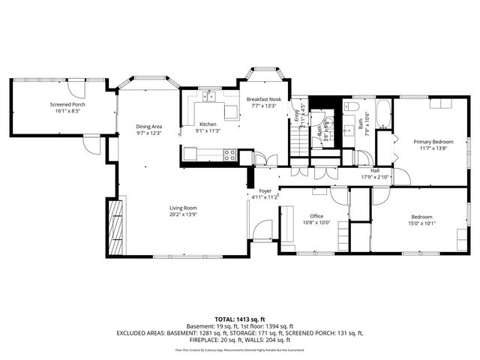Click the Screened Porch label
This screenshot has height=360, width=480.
(x=67, y=104)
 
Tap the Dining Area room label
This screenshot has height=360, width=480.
(x=149, y=127)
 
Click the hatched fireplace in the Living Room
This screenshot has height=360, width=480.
(x=115, y=228)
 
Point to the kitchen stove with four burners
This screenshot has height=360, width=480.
(x=230, y=155)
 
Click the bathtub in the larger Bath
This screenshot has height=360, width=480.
(x=383, y=114)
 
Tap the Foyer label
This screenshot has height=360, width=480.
(x=265, y=191)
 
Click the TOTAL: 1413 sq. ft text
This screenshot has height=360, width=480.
(x=239, y=319)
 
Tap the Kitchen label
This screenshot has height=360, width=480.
(x=208, y=124)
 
